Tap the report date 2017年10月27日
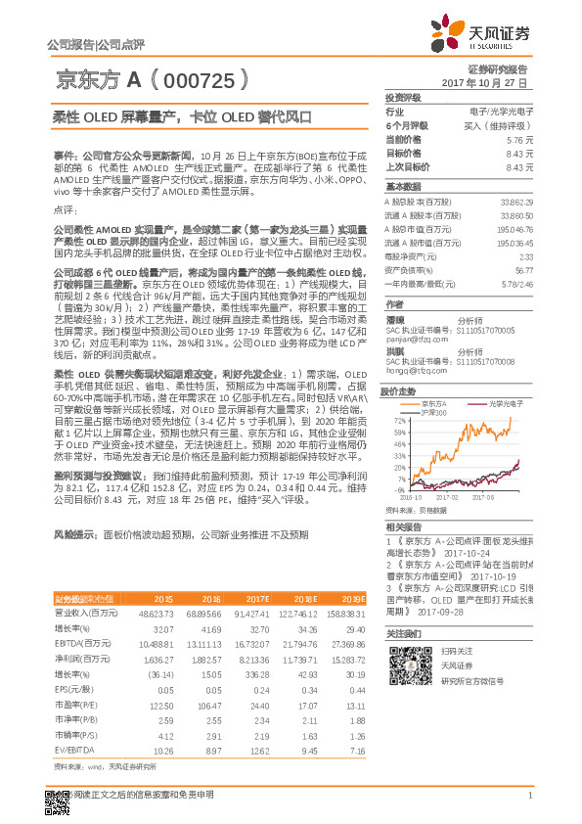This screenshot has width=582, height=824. point(484,83)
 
